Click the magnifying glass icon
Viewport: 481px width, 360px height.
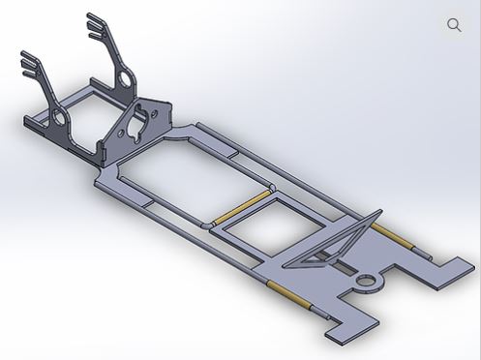454,25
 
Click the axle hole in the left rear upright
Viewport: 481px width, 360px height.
59,119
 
